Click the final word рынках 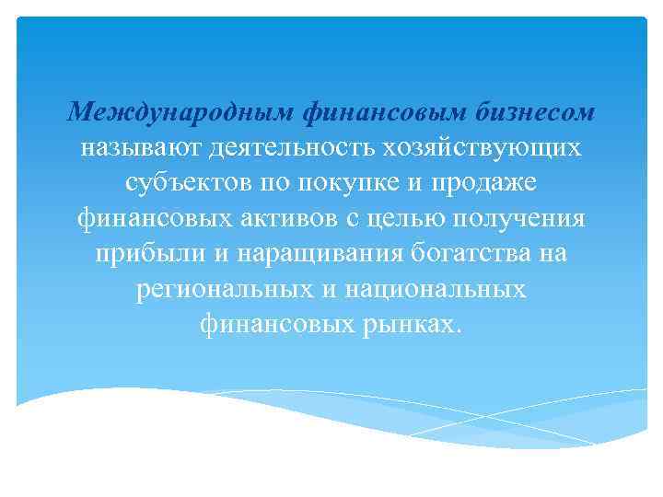click(x=413, y=323)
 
